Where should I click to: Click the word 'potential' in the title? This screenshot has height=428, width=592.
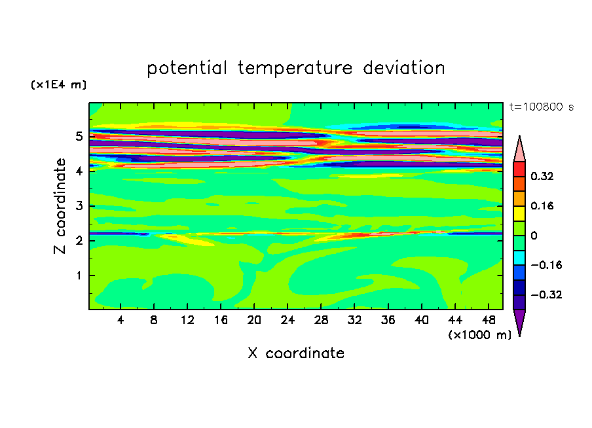187,68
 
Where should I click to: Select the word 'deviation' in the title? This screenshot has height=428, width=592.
404,67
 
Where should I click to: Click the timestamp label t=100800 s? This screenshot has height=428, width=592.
542,107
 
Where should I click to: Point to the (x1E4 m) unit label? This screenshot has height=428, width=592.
58,84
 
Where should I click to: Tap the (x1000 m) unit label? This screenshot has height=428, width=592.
479,335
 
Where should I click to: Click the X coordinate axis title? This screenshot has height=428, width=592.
296,353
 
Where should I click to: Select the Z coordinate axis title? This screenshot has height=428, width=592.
60,206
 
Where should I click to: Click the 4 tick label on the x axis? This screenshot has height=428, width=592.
120,320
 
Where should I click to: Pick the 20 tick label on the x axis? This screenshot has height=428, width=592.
254,320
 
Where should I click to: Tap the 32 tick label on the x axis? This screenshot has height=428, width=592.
354,320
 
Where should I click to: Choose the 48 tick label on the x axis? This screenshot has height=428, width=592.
489,320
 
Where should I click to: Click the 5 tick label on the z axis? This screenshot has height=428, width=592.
79,136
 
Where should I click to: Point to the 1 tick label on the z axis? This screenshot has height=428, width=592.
79,276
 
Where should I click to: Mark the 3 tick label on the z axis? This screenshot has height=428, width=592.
79,206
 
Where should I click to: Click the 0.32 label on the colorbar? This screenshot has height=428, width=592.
542,176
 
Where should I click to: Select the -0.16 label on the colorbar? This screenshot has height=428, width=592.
546,265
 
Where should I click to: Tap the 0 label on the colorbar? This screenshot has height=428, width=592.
534,236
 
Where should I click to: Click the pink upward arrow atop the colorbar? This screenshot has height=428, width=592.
519,149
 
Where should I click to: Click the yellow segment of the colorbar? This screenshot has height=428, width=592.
519,213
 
